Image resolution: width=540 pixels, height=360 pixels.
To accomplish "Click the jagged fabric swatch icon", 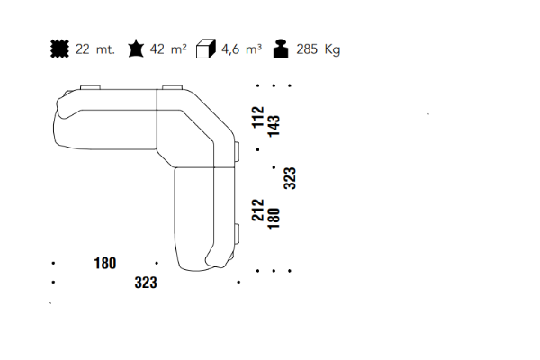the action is (x=59, y=49).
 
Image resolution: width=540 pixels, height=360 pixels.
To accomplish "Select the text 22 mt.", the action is (x=95, y=49).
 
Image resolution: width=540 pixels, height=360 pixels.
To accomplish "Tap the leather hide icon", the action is (x=136, y=49).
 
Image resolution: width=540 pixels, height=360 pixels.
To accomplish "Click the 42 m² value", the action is (x=168, y=49).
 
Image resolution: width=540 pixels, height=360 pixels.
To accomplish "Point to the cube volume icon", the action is (x=205, y=49).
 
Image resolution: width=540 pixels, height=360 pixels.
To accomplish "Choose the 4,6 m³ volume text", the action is (x=241, y=49).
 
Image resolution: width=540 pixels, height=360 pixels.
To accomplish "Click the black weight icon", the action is (x=281, y=49).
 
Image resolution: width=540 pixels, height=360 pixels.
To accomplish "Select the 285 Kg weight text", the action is (x=319, y=49).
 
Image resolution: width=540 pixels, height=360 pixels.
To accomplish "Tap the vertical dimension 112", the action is (x=258, y=118).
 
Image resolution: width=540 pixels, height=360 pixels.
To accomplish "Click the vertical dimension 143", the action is (x=274, y=126).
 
